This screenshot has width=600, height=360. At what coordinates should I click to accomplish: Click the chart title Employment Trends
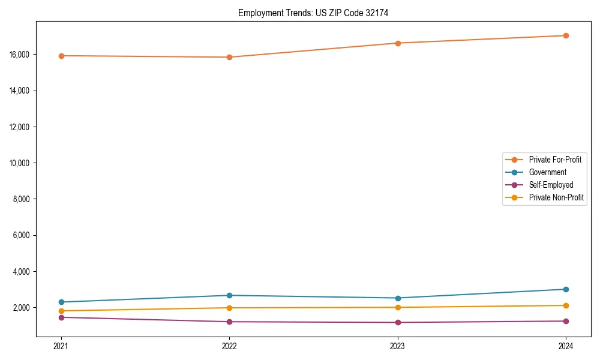[x=313, y=13]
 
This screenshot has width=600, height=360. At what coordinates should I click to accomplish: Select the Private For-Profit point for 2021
[x=61, y=56]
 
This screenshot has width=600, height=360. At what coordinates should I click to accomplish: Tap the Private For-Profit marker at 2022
[x=229, y=58]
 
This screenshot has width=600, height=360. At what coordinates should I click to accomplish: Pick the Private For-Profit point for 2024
[x=566, y=35]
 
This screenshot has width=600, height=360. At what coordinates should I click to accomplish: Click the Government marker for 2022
[x=229, y=295]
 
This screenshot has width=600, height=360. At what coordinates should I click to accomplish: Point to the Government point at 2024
[x=566, y=289]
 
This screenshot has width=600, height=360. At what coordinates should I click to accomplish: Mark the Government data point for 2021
[x=61, y=302]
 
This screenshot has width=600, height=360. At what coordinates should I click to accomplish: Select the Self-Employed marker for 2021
[x=61, y=317]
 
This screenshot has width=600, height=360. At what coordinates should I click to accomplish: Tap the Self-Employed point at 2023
[x=398, y=322]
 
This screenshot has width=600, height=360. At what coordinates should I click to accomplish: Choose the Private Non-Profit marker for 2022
[x=229, y=308]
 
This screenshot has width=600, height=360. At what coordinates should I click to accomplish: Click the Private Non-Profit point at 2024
[x=566, y=305]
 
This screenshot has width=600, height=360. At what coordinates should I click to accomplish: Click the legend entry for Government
[x=547, y=172]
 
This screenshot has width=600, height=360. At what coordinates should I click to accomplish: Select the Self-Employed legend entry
[x=551, y=185]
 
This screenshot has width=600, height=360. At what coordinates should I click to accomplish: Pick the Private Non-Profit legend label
[x=556, y=197]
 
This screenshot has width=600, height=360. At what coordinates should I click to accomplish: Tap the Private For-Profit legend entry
[x=555, y=160]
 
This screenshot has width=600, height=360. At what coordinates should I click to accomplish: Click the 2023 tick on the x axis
[x=398, y=346]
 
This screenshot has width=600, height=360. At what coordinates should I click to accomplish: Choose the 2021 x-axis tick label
[x=61, y=346]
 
